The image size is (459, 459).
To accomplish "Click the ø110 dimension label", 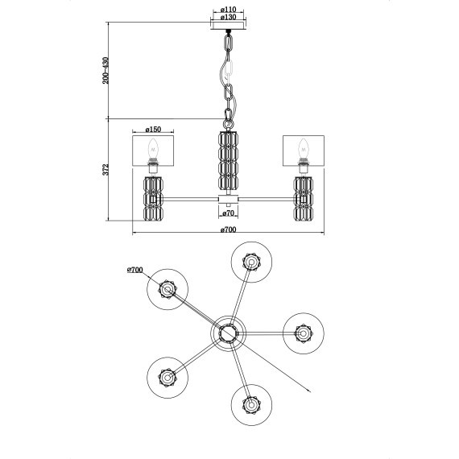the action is [x=229, y=10].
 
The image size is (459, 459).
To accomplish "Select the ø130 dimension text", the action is [x=229, y=17].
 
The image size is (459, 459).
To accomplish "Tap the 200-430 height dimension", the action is [x=105, y=70].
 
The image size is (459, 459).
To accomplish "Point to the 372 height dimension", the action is [x=105, y=169].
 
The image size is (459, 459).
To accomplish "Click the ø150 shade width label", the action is [x=153, y=129].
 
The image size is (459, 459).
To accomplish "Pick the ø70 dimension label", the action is [x=228, y=213].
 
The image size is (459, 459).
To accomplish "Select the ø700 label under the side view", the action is [x=228, y=229].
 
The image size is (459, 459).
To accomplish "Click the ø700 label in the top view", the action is [x=135, y=270].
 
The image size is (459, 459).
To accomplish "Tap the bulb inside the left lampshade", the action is [x=152, y=149].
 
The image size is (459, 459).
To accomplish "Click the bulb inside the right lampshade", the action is [x=304, y=149].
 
